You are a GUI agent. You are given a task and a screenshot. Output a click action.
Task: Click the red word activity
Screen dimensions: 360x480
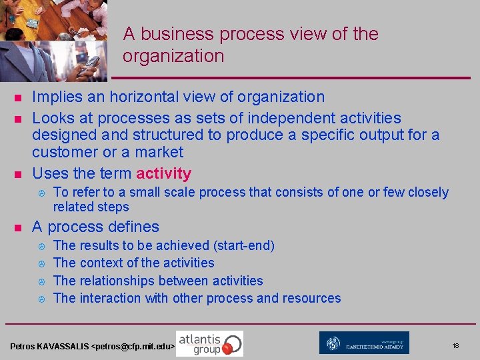(163, 174)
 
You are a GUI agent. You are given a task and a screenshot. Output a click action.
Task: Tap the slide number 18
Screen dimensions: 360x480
(455, 346)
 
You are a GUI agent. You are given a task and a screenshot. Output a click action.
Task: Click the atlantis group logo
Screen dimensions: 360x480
(209, 343)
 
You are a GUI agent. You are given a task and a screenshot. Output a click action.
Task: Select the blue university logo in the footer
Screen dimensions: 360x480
(364, 343)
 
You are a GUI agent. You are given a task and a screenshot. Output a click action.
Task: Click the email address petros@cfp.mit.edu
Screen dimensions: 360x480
(133, 347)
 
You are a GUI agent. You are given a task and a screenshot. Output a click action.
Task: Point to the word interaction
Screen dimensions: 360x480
(113, 298)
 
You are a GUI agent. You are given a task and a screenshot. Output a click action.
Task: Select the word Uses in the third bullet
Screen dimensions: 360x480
(49, 174)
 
